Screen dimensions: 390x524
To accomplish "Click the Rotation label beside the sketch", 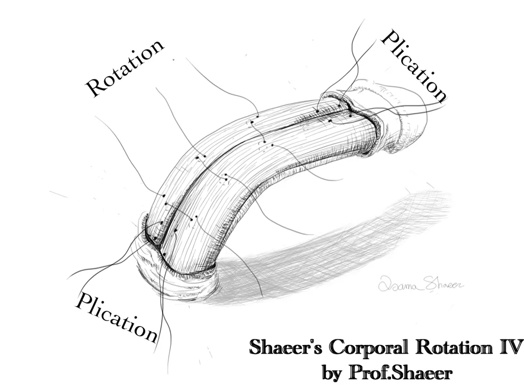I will [125, 67].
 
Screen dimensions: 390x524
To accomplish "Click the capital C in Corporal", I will [336, 348].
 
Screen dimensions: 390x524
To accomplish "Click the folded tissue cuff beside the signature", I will [189, 281].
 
